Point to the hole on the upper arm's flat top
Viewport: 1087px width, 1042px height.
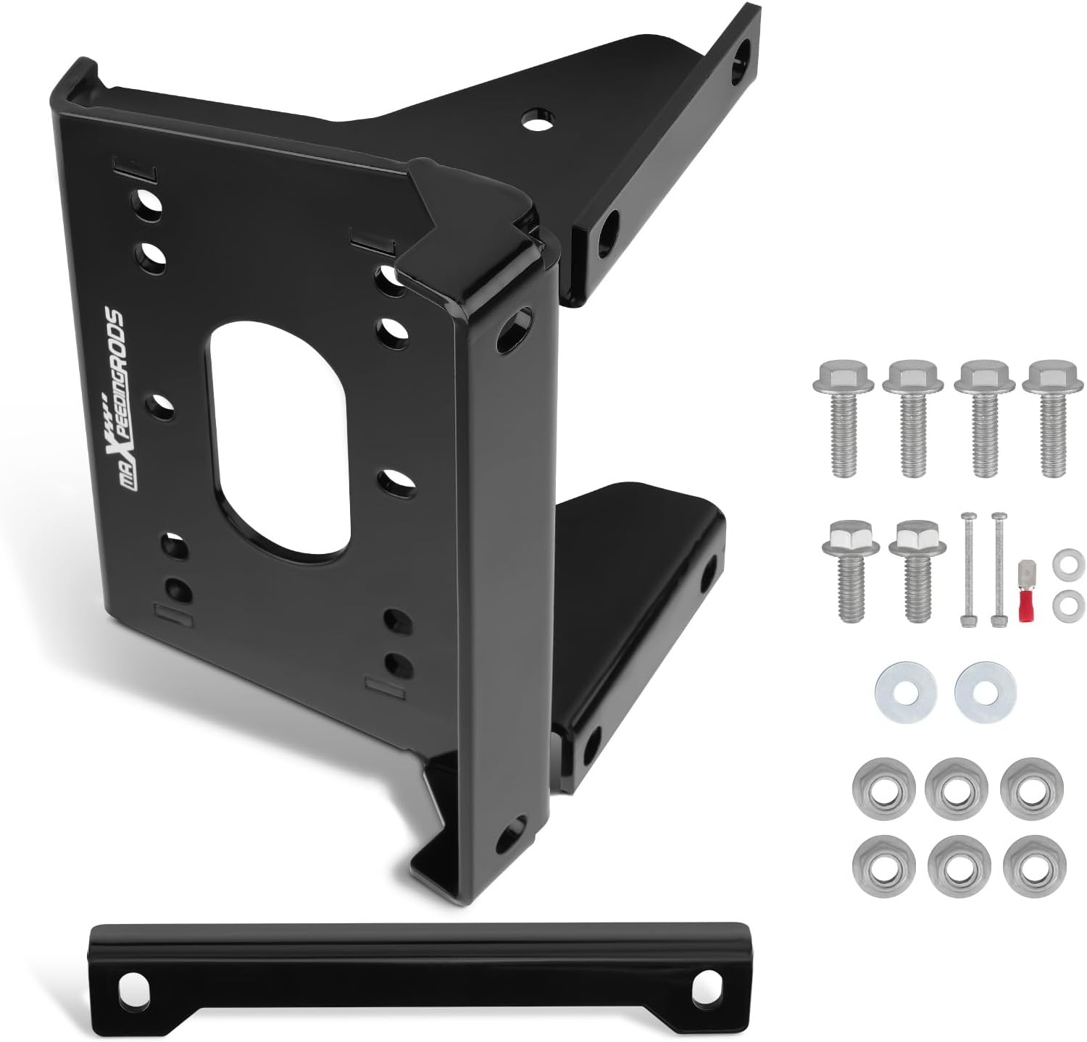pos(536,119)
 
